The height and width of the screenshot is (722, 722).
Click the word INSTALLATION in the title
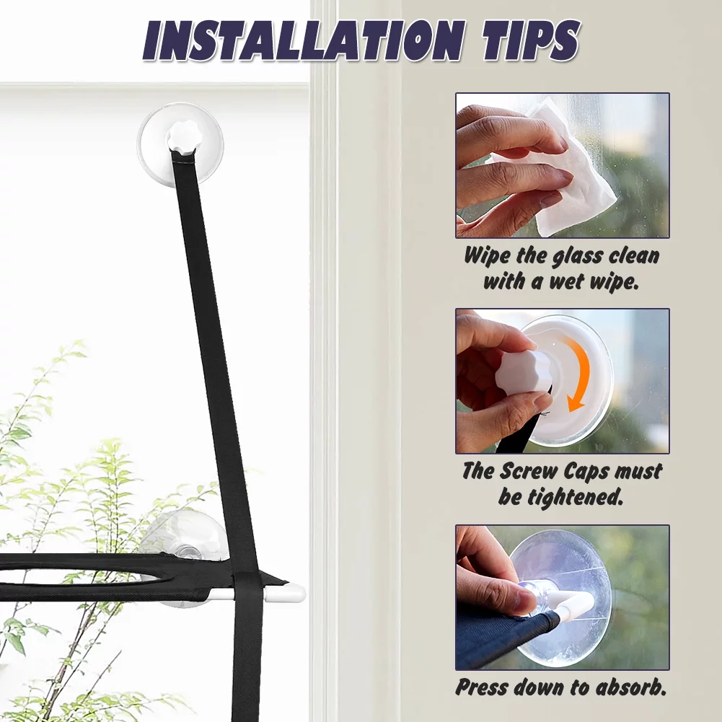[x=302, y=40]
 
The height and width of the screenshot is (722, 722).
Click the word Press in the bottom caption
[x=482, y=687]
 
